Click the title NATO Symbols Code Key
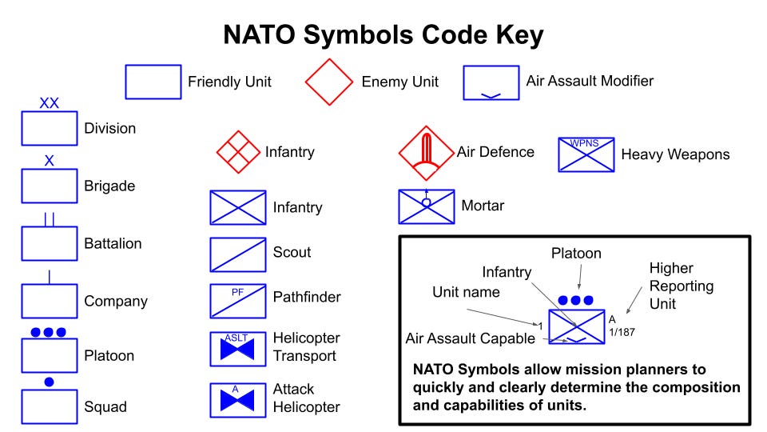point(383,34)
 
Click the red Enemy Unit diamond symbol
point(329,82)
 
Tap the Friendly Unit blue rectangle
point(153,82)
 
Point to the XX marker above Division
point(49,103)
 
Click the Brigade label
point(109,186)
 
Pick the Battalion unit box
point(49,243)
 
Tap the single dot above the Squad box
point(49,382)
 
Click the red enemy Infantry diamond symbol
point(238,151)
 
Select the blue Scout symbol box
point(238,254)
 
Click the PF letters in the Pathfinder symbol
point(237,292)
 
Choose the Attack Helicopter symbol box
point(238,400)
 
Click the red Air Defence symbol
point(427,152)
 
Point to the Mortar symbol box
point(427,206)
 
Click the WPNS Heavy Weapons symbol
point(586,154)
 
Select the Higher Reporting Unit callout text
point(671,286)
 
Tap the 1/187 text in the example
point(622,332)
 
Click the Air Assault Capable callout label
point(470,338)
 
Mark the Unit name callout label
point(466,292)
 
